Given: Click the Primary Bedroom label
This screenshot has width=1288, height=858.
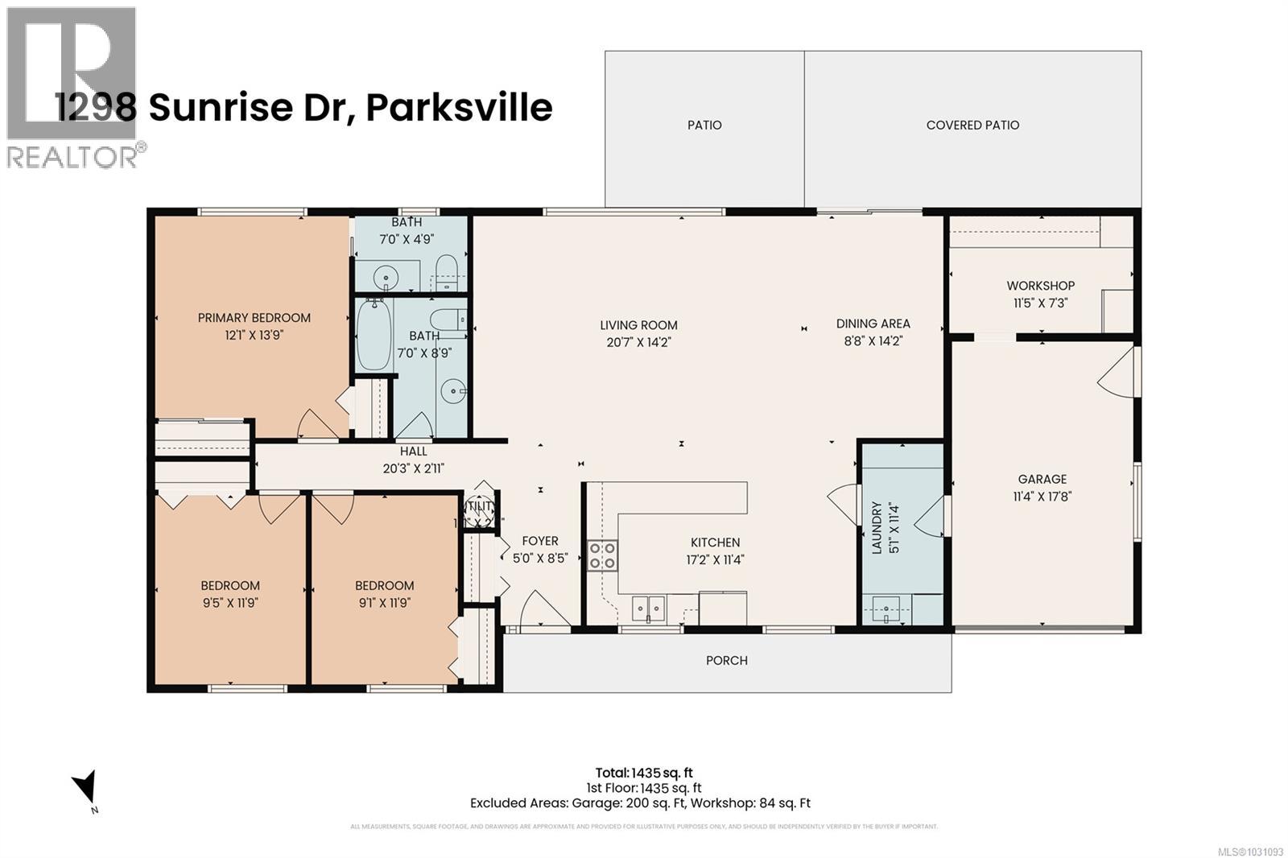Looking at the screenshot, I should (254, 318).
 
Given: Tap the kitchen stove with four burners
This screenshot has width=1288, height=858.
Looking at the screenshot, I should (602, 555).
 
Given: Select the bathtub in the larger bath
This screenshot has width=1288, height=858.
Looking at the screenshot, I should (374, 335).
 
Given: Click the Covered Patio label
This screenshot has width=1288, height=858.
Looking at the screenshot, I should (972, 125).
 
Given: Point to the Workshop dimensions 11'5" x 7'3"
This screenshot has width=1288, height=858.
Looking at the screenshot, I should (1040, 303).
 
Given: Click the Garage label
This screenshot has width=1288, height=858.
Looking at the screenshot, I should (1042, 479).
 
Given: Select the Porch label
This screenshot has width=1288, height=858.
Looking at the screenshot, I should (726, 660).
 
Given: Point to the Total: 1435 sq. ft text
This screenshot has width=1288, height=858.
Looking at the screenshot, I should (643, 773).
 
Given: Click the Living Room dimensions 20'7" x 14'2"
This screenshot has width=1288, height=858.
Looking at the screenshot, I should (638, 342).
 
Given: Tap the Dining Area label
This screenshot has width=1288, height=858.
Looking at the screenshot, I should (873, 324).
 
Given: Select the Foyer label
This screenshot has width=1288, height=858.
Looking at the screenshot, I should (539, 541).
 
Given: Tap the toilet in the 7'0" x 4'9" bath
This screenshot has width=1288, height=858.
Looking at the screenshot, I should (445, 270).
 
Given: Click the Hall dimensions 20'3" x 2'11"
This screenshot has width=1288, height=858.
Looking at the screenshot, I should (413, 468).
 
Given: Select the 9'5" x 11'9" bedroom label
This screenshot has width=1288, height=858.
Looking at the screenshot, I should (229, 586).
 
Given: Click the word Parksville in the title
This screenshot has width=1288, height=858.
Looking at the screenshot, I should (459, 108).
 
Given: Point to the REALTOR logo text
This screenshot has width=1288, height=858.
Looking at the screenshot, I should (72, 155).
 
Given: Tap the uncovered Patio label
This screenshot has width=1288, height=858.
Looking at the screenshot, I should (704, 125).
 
